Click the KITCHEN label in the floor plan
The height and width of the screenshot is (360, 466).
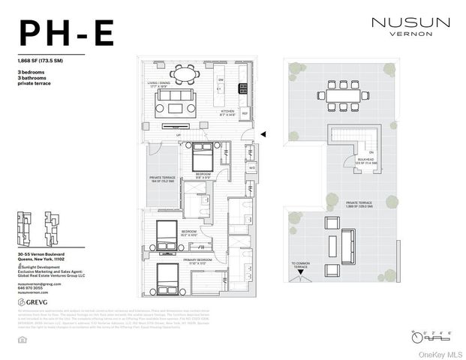(x=227, y=110)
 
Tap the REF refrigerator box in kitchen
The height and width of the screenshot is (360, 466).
(x=245, y=114)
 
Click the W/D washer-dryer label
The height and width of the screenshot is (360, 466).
(x=251, y=167)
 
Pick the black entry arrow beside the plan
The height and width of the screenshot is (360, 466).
(x=263, y=134)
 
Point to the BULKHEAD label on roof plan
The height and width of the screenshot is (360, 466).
(x=367, y=160)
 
